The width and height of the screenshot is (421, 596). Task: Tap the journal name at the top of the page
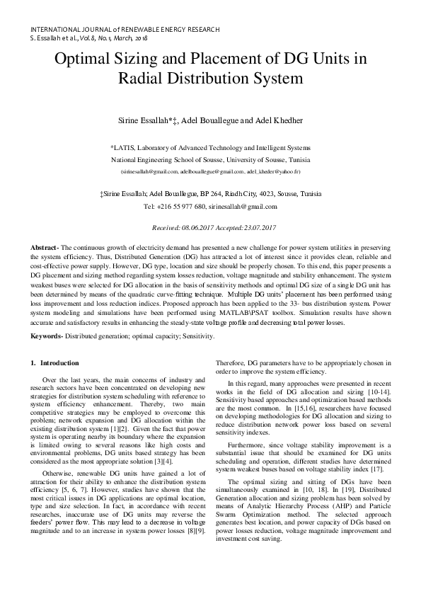pos(125,29)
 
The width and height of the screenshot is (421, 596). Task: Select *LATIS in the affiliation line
pos(123,148)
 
